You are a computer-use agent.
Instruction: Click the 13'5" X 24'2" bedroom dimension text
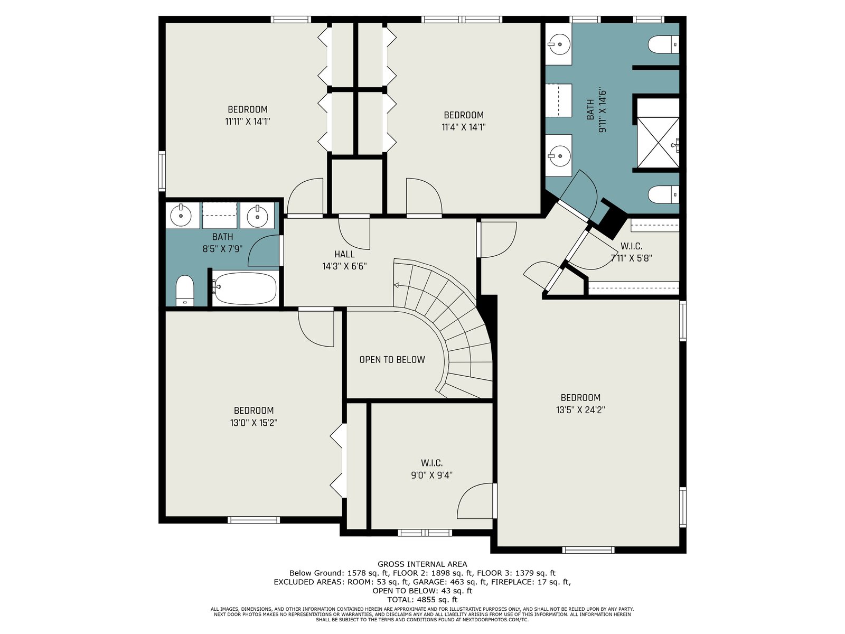pos(580,410)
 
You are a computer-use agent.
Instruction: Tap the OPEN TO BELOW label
pos(392,360)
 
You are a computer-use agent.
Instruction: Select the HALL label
pos(344,254)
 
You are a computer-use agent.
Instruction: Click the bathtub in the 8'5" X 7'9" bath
pos(245,288)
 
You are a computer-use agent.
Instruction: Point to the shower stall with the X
pos(658,143)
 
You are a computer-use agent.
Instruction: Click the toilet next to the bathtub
pos(185,291)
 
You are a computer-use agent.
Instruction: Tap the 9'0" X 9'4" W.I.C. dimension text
pos(431,475)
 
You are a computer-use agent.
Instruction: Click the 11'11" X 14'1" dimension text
pos(248,122)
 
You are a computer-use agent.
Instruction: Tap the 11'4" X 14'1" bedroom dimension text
pos(464,127)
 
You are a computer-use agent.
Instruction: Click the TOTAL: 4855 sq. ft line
pos(422,599)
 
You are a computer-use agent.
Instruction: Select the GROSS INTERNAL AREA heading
pos(422,564)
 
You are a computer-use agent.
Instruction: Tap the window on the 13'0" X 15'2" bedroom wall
pos(253,520)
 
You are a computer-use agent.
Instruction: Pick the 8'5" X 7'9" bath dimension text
pos(222,249)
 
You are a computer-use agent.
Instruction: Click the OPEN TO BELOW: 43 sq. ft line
pos(422,591)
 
